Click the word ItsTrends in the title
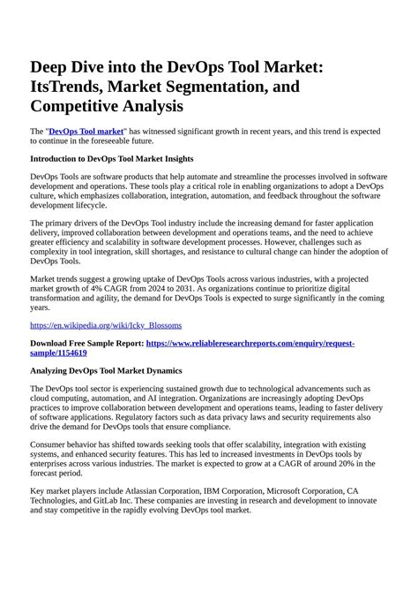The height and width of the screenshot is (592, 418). point(71,87)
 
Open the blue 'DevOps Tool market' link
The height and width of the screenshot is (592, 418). point(86,130)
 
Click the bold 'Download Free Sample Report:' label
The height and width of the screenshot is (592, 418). point(87,342)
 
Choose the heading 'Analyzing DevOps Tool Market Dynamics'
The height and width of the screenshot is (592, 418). point(106,370)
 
